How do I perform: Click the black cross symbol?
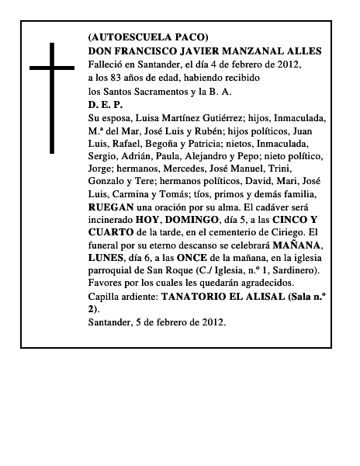pos(55,96)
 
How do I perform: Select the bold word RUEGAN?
pos(112,212)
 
